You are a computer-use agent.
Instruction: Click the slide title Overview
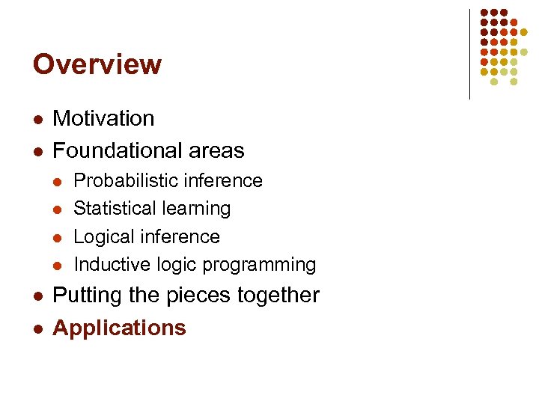[97, 64]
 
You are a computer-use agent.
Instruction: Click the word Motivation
[103, 118]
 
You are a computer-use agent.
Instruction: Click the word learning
[200, 208]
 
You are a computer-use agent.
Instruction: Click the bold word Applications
[119, 328]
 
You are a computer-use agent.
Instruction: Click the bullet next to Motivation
[37, 119]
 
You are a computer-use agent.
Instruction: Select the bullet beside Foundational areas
[37, 151]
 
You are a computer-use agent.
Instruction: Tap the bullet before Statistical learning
[60, 209]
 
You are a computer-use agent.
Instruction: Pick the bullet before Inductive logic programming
[60, 265]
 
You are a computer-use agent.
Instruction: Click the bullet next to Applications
[37, 328]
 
